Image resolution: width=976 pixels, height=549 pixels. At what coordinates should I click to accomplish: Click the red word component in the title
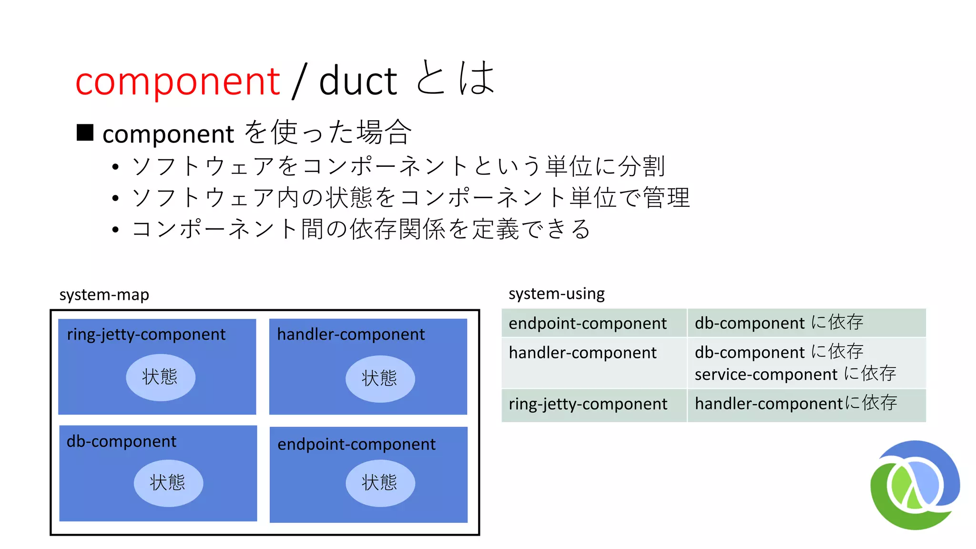tap(177, 81)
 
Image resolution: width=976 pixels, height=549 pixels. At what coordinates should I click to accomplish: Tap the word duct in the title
tap(357, 81)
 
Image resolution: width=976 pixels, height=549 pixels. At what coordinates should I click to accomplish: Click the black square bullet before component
tap(85, 132)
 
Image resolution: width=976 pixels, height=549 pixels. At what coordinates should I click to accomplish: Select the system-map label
tap(104, 295)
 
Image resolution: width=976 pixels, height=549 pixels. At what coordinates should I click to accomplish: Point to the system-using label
tap(556, 294)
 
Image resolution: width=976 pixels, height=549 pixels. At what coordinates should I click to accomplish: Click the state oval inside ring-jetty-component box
tap(160, 377)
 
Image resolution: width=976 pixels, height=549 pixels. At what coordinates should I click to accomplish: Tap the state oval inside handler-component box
tap(380, 378)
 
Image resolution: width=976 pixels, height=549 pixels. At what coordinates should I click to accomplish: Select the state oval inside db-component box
tap(168, 483)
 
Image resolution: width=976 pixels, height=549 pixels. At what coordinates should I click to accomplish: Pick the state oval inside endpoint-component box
tap(380, 483)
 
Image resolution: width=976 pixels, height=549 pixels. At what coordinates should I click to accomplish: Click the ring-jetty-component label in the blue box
tap(146, 335)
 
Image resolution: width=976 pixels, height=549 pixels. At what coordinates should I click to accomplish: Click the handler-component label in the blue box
tap(351, 335)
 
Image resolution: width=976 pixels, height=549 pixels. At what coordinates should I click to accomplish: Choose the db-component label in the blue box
tap(122, 441)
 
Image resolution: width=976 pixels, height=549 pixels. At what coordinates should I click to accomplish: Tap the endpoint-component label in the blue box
tap(356, 444)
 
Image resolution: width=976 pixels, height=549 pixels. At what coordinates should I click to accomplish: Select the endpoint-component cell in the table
tap(588, 323)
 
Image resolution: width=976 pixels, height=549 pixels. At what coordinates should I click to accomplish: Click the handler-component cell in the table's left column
tap(583, 353)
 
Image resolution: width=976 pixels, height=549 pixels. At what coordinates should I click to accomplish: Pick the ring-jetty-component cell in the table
tap(588, 404)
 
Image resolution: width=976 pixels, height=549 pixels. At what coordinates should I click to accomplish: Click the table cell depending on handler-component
tap(796, 404)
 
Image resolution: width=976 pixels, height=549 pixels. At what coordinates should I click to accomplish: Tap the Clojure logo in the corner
tap(915, 485)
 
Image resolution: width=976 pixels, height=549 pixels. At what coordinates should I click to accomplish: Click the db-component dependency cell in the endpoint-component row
tap(779, 323)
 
